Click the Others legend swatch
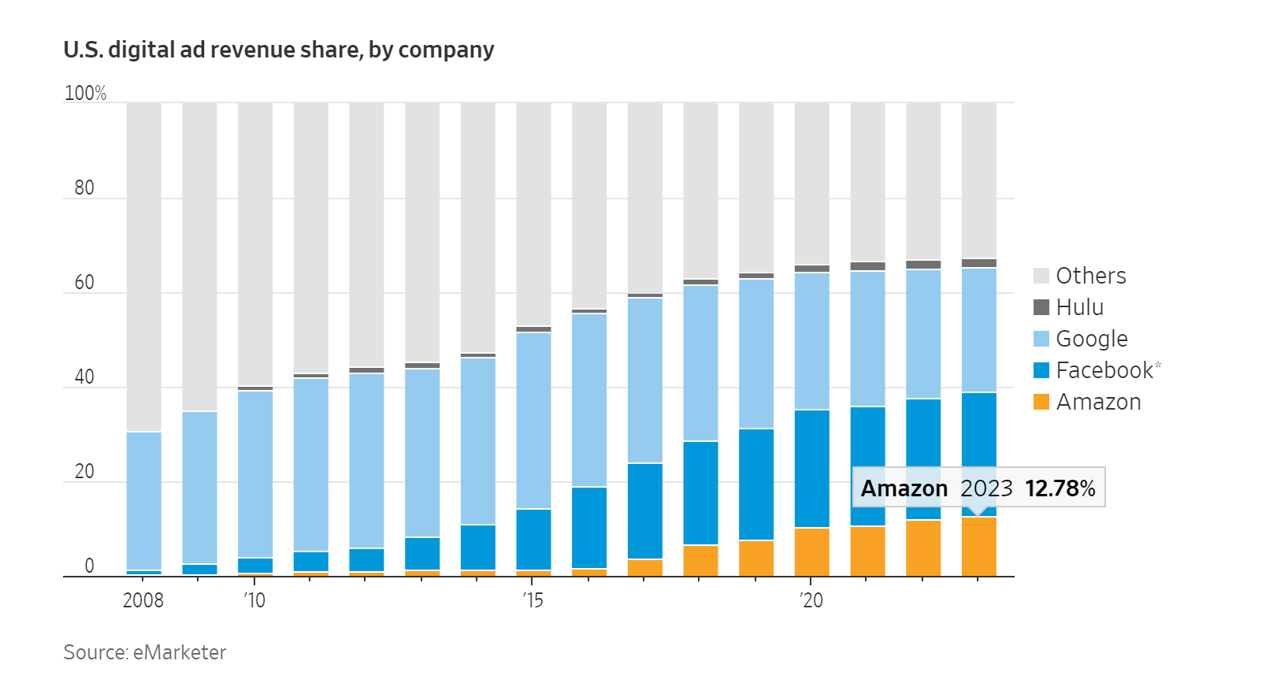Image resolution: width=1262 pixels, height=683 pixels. coord(1041,276)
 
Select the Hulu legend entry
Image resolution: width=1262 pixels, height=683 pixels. coord(1079,307)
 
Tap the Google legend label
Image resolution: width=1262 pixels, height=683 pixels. coord(1091,339)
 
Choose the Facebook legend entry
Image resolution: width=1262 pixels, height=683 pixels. coord(1104,370)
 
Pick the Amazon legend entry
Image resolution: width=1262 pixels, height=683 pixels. coord(1098,402)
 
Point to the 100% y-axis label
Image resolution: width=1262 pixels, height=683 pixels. coord(85,93)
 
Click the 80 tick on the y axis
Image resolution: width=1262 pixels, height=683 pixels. coord(84,187)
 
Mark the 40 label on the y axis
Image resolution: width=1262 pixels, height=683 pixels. coord(84,377)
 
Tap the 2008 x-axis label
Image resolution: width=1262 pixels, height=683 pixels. coord(143,600)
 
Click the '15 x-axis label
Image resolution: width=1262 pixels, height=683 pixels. coord(533,600)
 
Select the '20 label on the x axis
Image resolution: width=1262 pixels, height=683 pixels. coord(811,600)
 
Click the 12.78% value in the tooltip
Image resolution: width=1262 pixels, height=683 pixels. coord(1060,488)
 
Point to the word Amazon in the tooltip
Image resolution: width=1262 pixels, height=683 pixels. coord(904,488)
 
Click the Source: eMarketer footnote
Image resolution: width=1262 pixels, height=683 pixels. coord(145,652)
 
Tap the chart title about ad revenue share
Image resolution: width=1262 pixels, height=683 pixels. coord(279,50)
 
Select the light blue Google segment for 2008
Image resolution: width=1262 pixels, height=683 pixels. coord(144,500)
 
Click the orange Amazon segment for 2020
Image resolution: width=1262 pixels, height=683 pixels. coord(811,551)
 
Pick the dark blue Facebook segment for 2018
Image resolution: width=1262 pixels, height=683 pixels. coord(700,492)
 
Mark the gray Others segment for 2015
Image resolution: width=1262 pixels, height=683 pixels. coord(533,213)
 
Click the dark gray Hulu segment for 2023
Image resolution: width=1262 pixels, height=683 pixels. coord(978,263)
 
